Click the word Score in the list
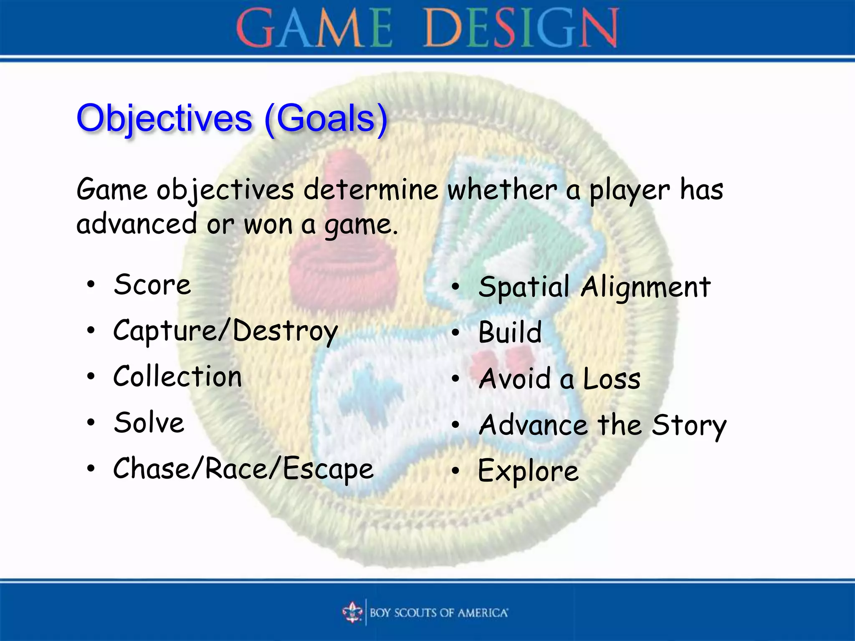(x=152, y=285)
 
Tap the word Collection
(x=177, y=376)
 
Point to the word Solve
(x=149, y=423)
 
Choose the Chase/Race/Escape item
(x=243, y=469)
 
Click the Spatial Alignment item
(x=594, y=288)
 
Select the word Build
(x=510, y=333)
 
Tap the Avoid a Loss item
(x=559, y=379)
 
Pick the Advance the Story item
(x=602, y=425)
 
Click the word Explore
(x=528, y=471)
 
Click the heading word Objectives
(x=164, y=119)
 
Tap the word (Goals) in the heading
(x=326, y=119)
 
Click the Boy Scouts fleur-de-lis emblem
(x=352, y=613)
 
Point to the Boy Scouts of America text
(x=439, y=613)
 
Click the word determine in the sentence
(x=370, y=190)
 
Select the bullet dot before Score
(x=91, y=285)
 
